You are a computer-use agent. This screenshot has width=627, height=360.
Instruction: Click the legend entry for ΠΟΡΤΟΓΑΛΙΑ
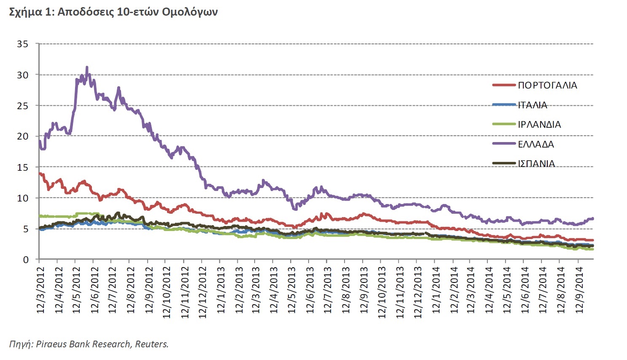coord(547,85)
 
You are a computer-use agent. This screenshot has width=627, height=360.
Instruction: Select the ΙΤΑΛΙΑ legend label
coord(533,105)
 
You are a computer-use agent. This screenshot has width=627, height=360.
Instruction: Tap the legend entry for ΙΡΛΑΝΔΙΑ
coord(539,124)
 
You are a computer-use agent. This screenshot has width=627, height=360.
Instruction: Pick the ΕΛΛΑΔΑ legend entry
coord(536,144)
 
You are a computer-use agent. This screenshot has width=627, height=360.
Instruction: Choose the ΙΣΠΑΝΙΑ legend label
coord(536,164)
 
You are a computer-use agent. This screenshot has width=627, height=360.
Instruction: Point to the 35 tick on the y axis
coord(23,44)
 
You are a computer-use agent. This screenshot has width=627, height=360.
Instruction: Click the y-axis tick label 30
coord(23,75)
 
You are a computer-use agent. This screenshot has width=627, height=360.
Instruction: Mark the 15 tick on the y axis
coord(23,167)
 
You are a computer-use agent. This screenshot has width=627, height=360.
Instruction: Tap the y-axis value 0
coord(26,260)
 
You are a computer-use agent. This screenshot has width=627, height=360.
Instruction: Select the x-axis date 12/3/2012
coord(40,290)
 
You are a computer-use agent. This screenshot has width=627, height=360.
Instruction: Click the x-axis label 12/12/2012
coord(202,292)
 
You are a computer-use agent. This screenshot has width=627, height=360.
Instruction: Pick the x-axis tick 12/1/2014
coord(436,290)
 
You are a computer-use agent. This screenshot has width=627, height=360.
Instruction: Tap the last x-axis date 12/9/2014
coord(580,290)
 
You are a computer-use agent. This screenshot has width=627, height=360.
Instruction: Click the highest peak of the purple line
coord(87,67)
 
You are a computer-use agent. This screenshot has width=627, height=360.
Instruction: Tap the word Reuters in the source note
coord(151,344)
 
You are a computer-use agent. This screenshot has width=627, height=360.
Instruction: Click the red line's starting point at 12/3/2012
coord(40,173)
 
